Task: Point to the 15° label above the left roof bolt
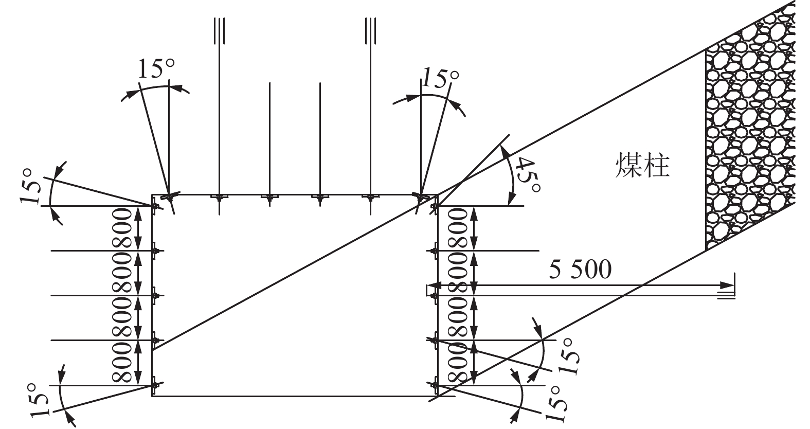pyautogui.click(x=156, y=68)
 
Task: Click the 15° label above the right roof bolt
pyautogui.click(x=440, y=77)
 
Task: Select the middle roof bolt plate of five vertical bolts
pyautogui.click(x=269, y=197)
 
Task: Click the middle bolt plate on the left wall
pyautogui.click(x=156, y=296)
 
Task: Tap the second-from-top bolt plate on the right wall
pyautogui.click(x=433, y=251)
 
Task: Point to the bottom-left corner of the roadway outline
pyautogui.click(x=152, y=396)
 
